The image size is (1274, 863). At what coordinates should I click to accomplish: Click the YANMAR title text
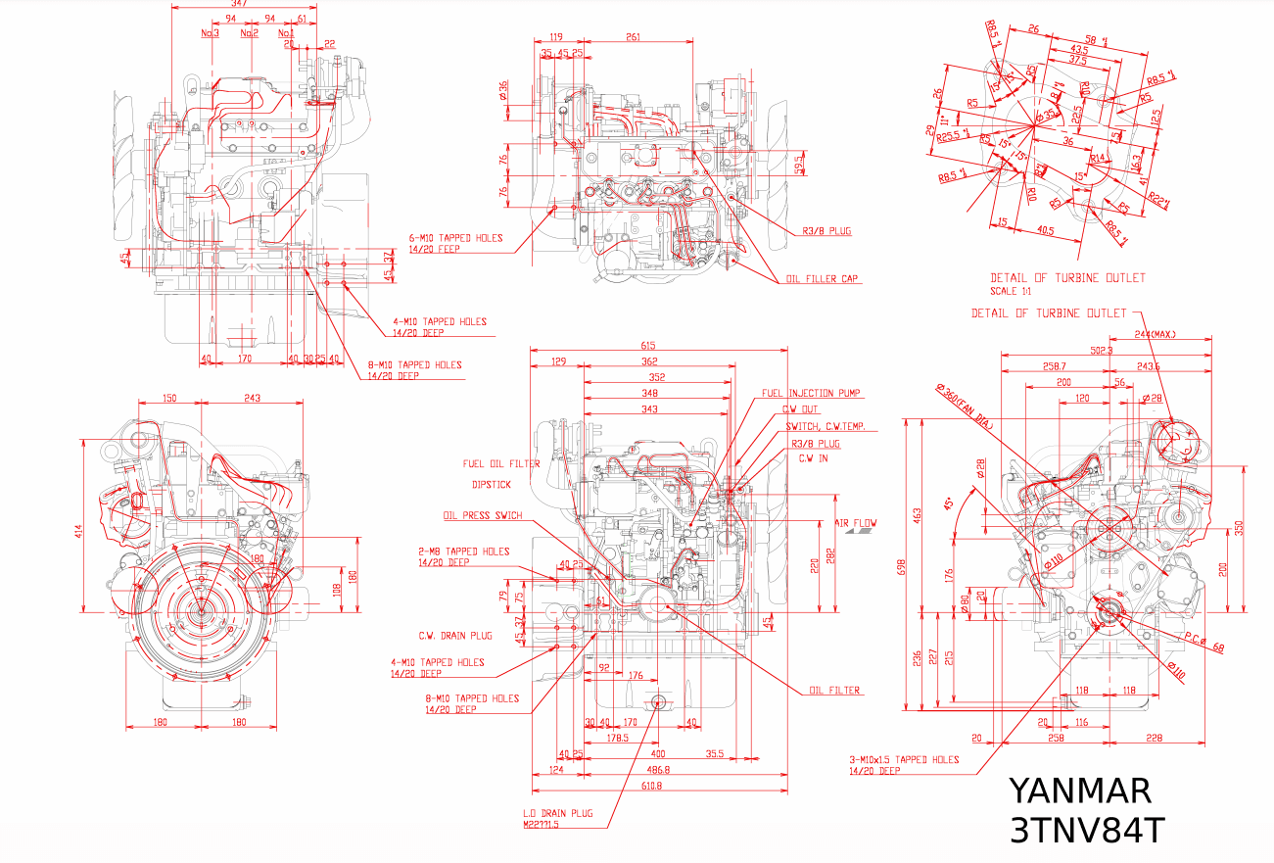click(1080, 791)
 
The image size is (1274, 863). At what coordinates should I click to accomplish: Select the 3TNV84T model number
click(1087, 831)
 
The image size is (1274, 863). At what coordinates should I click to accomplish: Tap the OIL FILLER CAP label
click(823, 279)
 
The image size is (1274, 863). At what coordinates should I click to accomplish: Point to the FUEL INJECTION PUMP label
click(811, 394)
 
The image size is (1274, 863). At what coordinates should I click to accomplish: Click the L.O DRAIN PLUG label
click(558, 813)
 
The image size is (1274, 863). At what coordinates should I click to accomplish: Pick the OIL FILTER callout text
click(834, 691)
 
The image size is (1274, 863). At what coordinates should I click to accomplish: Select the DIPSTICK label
click(492, 484)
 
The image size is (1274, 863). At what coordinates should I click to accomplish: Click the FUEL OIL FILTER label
click(501, 464)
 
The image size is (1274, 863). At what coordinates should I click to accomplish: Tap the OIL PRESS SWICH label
click(483, 516)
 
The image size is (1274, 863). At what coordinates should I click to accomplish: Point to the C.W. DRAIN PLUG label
click(455, 636)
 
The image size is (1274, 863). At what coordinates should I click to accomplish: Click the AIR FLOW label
click(855, 523)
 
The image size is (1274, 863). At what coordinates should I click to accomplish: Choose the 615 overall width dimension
click(648, 345)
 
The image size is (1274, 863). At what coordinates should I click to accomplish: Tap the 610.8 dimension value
click(651, 785)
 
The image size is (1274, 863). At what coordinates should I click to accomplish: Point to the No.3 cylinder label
click(210, 33)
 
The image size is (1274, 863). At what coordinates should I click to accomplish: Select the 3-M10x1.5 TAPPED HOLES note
click(904, 760)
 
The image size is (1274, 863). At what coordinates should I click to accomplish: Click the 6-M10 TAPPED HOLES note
click(456, 238)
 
